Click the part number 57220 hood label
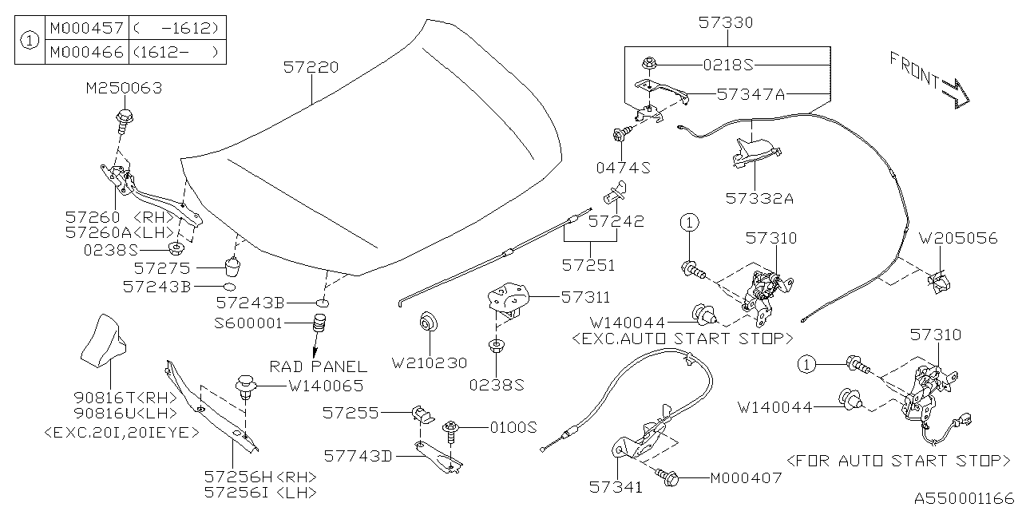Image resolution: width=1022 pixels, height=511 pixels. pos(311,69)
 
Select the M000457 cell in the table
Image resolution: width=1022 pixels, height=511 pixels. pos(86,28)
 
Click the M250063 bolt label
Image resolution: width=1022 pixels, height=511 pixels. pos(124,88)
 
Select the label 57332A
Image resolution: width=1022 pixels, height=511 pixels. pos(759,197)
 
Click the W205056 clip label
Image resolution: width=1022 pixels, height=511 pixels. pos(958,239)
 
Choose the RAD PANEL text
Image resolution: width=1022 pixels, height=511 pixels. pos(318,366)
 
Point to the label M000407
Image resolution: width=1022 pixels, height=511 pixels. pos(747,478)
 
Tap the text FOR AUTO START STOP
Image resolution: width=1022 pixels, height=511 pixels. pos(897,461)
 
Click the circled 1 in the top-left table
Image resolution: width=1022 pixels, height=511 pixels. pos(29,40)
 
